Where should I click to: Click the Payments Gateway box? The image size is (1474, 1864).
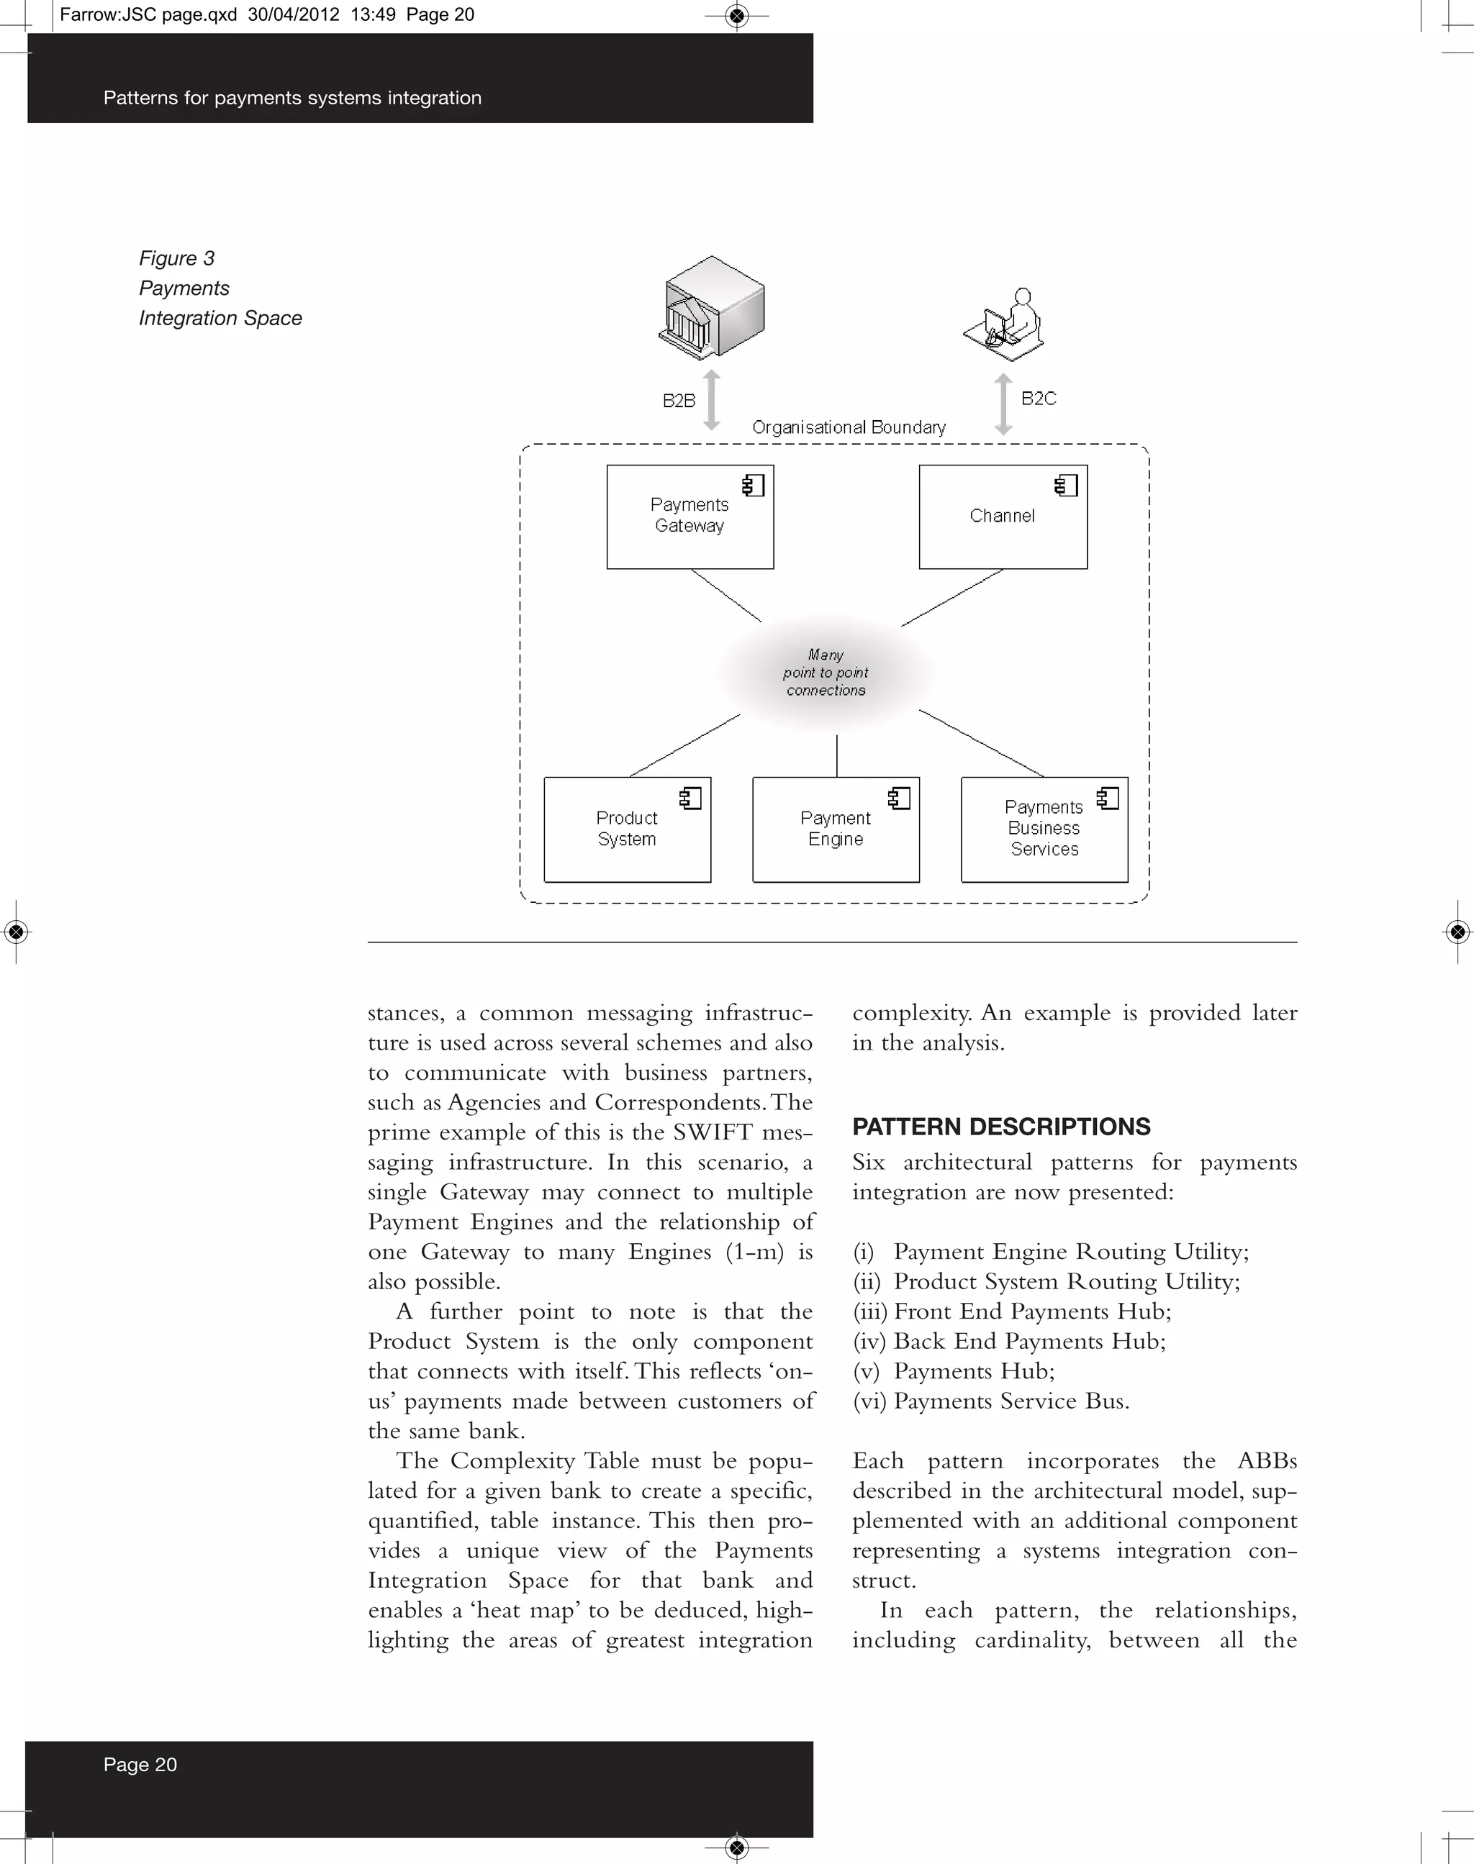[689, 517]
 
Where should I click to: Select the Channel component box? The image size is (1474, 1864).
[1002, 517]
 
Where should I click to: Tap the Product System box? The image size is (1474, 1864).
[627, 829]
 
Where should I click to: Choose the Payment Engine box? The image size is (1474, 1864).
[836, 829]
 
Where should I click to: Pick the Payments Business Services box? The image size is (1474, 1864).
[1044, 829]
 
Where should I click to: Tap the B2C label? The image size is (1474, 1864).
[1038, 399]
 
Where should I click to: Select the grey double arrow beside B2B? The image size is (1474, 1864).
[711, 400]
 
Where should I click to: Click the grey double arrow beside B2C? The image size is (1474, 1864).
[1003, 404]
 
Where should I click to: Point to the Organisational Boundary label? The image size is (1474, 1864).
[849, 427]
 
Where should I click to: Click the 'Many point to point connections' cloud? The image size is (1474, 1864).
[826, 673]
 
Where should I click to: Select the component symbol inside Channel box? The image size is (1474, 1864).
[1067, 486]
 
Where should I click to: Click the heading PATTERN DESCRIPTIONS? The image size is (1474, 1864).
[1001, 1127]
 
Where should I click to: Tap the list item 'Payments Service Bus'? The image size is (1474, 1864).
[1010, 1401]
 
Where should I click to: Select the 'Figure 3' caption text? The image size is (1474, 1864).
[177, 259]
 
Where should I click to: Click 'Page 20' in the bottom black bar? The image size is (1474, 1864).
[140, 1765]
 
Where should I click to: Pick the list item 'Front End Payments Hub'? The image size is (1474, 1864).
[1031, 1311]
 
